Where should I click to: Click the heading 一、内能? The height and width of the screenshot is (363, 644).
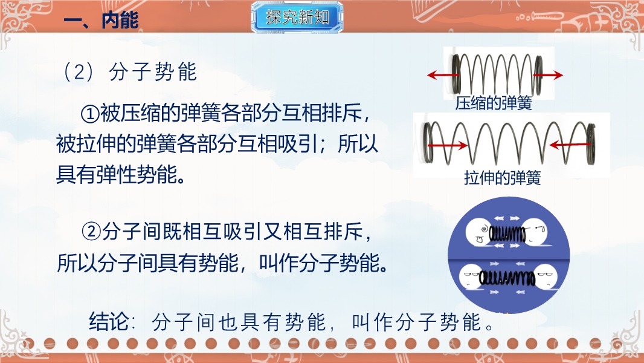coord(101,20)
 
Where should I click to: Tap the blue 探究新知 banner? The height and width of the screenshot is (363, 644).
coord(297,18)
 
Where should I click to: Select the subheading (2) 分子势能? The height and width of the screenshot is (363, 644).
coord(129,72)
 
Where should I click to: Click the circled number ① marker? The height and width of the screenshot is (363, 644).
coord(90,114)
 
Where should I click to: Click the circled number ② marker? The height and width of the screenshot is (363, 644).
coord(91,232)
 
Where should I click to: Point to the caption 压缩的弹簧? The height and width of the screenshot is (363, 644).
coord(494,103)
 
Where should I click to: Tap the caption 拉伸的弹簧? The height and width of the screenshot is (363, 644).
coord(502,178)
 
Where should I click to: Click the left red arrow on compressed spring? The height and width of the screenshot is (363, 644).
coord(443,75)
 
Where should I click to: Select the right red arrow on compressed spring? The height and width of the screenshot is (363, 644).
coord(549,75)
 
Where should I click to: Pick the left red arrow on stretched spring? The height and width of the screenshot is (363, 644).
coord(447,145)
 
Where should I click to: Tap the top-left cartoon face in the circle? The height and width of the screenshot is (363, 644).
coord(478,233)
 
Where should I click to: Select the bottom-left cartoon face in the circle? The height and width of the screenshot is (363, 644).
coord(472,278)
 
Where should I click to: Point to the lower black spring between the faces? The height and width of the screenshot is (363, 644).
coord(507,279)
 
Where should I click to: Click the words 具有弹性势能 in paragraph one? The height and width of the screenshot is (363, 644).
coord(116,175)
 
